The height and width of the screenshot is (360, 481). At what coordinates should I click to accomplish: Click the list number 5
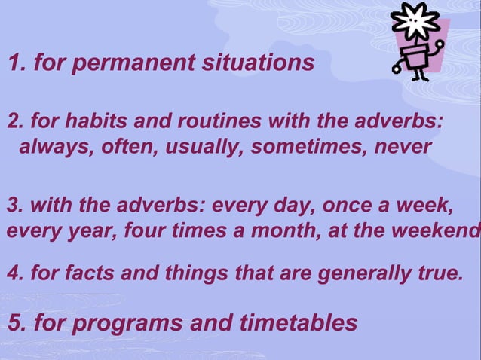(x=15, y=323)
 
